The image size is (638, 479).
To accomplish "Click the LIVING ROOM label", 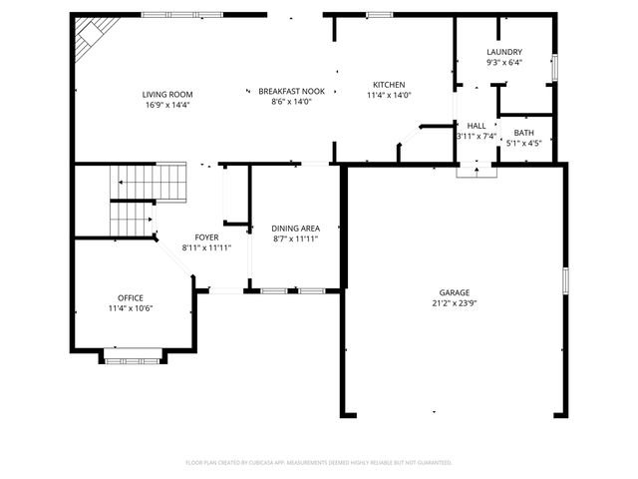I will coord(165,94).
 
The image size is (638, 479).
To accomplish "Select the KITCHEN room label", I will coord(389,85).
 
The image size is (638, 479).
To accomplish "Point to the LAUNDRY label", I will coord(504,52).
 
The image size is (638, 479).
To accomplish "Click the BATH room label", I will coord(523,133).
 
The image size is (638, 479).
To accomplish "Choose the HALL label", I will coord(477,126).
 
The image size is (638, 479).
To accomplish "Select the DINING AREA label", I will coord(295,229).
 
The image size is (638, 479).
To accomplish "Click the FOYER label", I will coord(206,238).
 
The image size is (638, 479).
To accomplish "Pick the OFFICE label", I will coord(131,298).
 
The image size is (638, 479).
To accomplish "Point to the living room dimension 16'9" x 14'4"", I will coord(165,104).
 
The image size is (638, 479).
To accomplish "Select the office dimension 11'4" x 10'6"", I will coord(131,308).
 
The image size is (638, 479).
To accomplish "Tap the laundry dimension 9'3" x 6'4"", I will coord(504,62).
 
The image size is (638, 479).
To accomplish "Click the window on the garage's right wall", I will coord(563,280).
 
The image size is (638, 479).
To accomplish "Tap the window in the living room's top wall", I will coord(167,14).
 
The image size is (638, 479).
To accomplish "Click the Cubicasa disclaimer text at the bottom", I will coord(319,463).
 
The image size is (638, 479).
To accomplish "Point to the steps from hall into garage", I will coord(476,170).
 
